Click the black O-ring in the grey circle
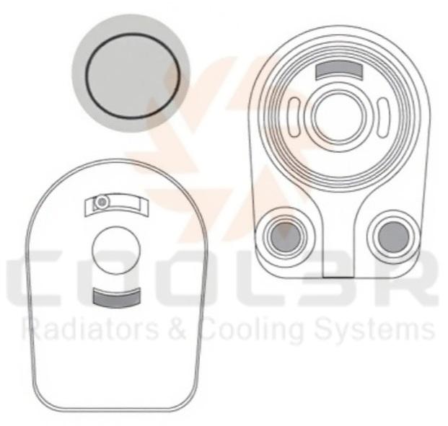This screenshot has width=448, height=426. point(133,34)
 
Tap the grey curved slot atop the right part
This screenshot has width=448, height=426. point(340,69)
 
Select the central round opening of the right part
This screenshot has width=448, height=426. point(339,117)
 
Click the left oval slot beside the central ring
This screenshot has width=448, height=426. point(294,117)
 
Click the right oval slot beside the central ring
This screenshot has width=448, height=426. point(383,117)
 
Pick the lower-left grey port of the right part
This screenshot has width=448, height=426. point(286,236)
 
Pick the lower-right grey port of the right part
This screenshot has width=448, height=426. point(394,236)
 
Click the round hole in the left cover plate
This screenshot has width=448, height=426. point(116,250)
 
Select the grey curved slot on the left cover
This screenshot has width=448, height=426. point(117,298)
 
